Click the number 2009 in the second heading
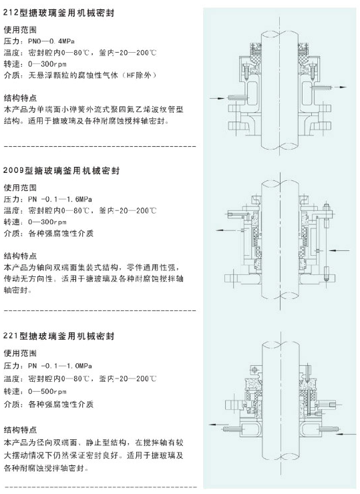coord(13,170)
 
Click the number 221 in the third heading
coord(11,336)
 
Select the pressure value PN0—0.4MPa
coord(51,41)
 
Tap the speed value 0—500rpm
coord(47,392)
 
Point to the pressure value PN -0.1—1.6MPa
coord(60,199)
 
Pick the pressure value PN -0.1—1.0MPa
coord(60,366)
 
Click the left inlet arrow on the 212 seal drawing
coord(218,98)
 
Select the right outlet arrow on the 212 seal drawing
coord(339,87)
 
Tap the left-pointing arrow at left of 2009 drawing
coord(226,230)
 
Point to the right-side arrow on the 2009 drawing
coord(339,250)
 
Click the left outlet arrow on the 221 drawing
coord(216,425)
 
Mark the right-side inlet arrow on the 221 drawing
coord(347,434)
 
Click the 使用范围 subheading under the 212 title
coord(20,30)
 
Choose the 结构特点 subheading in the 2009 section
coord(20,256)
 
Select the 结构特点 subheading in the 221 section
coord(20,430)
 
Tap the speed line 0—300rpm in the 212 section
coord(47,64)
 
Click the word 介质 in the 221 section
coord(11,404)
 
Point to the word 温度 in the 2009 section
coord(11,210)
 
